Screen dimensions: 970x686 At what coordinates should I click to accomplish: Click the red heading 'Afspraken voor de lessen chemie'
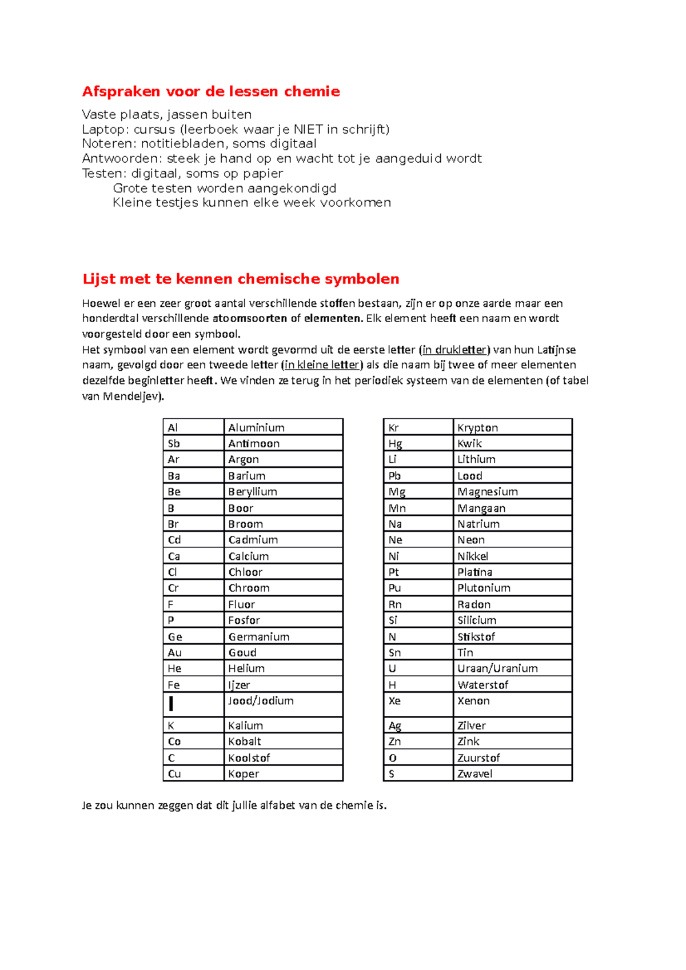click(211, 91)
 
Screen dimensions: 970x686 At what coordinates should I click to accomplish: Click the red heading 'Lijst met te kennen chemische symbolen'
click(241, 279)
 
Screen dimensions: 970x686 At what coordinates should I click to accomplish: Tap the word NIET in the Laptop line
click(308, 129)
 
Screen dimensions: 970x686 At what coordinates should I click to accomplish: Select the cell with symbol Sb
click(174, 444)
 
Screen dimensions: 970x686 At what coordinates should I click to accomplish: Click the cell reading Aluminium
click(256, 428)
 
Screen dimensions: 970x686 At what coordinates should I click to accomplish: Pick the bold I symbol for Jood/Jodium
click(171, 704)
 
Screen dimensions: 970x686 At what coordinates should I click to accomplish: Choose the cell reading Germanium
click(259, 637)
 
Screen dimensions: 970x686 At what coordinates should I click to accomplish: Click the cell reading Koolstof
click(249, 758)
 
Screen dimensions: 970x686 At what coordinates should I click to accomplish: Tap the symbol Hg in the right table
click(395, 444)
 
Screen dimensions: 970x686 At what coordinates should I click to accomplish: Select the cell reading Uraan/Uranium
click(497, 668)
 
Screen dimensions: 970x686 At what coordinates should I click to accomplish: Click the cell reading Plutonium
click(484, 588)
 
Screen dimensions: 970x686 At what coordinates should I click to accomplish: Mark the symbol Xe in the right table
click(394, 701)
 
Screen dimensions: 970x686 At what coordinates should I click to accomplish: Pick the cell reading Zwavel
click(474, 774)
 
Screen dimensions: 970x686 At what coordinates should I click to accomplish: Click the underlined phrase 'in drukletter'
click(454, 350)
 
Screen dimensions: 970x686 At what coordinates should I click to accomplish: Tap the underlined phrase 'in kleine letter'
click(322, 365)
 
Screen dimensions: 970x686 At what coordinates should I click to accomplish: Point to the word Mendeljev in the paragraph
click(132, 396)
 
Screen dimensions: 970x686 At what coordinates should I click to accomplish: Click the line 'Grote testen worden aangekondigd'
click(225, 188)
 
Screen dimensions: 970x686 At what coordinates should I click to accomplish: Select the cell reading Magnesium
click(488, 492)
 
